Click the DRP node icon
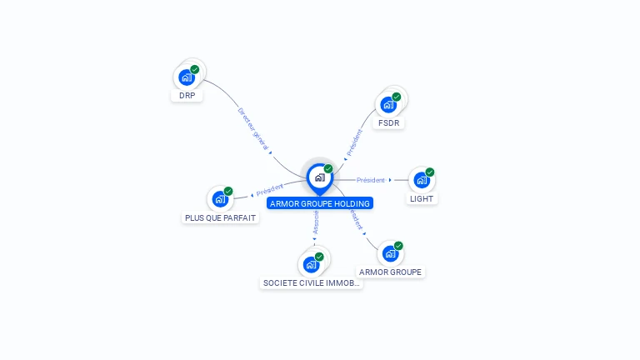tap(187, 77)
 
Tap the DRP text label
tap(187, 96)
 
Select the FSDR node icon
tap(388, 105)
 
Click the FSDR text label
tap(388, 123)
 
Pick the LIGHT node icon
tap(422, 180)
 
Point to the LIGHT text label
tap(422, 199)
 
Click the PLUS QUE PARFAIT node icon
tap(220, 199)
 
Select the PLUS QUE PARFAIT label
tap(220, 218)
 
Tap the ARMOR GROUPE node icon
tap(390, 253)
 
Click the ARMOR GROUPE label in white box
tap(390, 272)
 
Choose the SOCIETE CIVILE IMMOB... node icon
tap(312, 265)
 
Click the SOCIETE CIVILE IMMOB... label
tap(312, 283)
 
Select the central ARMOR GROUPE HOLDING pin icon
tap(319, 177)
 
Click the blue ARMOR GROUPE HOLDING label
tap(319, 203)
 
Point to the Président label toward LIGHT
tap(371, 180)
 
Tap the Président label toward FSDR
tap(353, 142)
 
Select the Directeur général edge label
tap(253, 129)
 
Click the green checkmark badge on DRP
tap(195, 69)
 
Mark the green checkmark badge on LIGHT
tap(430, 172)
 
